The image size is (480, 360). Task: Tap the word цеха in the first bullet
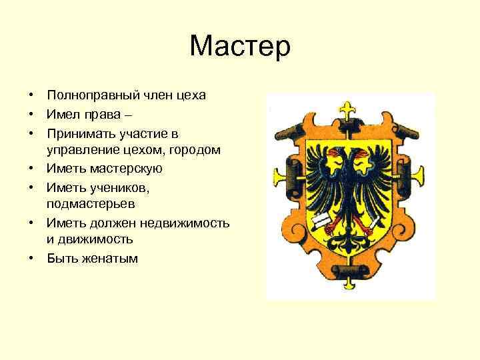(191, 95)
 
